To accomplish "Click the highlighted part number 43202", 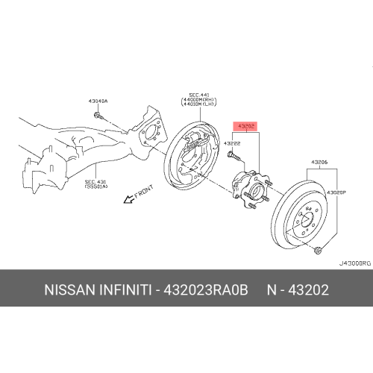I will [x=247, y=127].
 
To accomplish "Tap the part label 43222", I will [x=232, y=143].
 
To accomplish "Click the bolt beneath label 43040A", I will [x=98, y=115].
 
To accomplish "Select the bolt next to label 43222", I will [x=235, y=157].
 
